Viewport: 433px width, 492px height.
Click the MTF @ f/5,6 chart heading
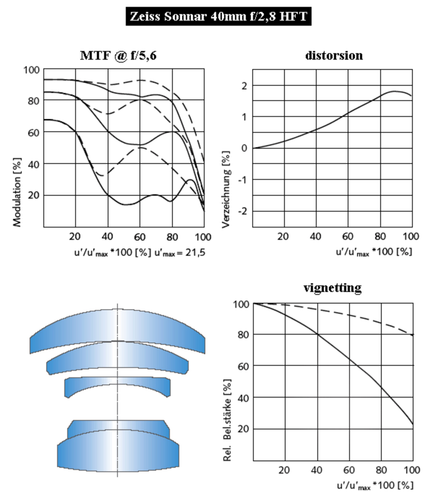click(119, 55)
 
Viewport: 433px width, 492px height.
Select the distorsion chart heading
click(334, 55)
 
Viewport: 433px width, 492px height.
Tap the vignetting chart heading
click(333, 288)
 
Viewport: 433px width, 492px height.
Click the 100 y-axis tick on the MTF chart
click(32, 70)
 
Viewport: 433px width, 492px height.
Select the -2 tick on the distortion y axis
click(243, 211)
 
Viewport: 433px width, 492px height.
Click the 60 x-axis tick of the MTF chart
click(140, 236)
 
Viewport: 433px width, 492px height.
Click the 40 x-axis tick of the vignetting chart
click(317, 469)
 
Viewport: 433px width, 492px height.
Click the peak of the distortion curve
click(395, 91)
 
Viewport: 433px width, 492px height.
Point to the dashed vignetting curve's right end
click(412, 334)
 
